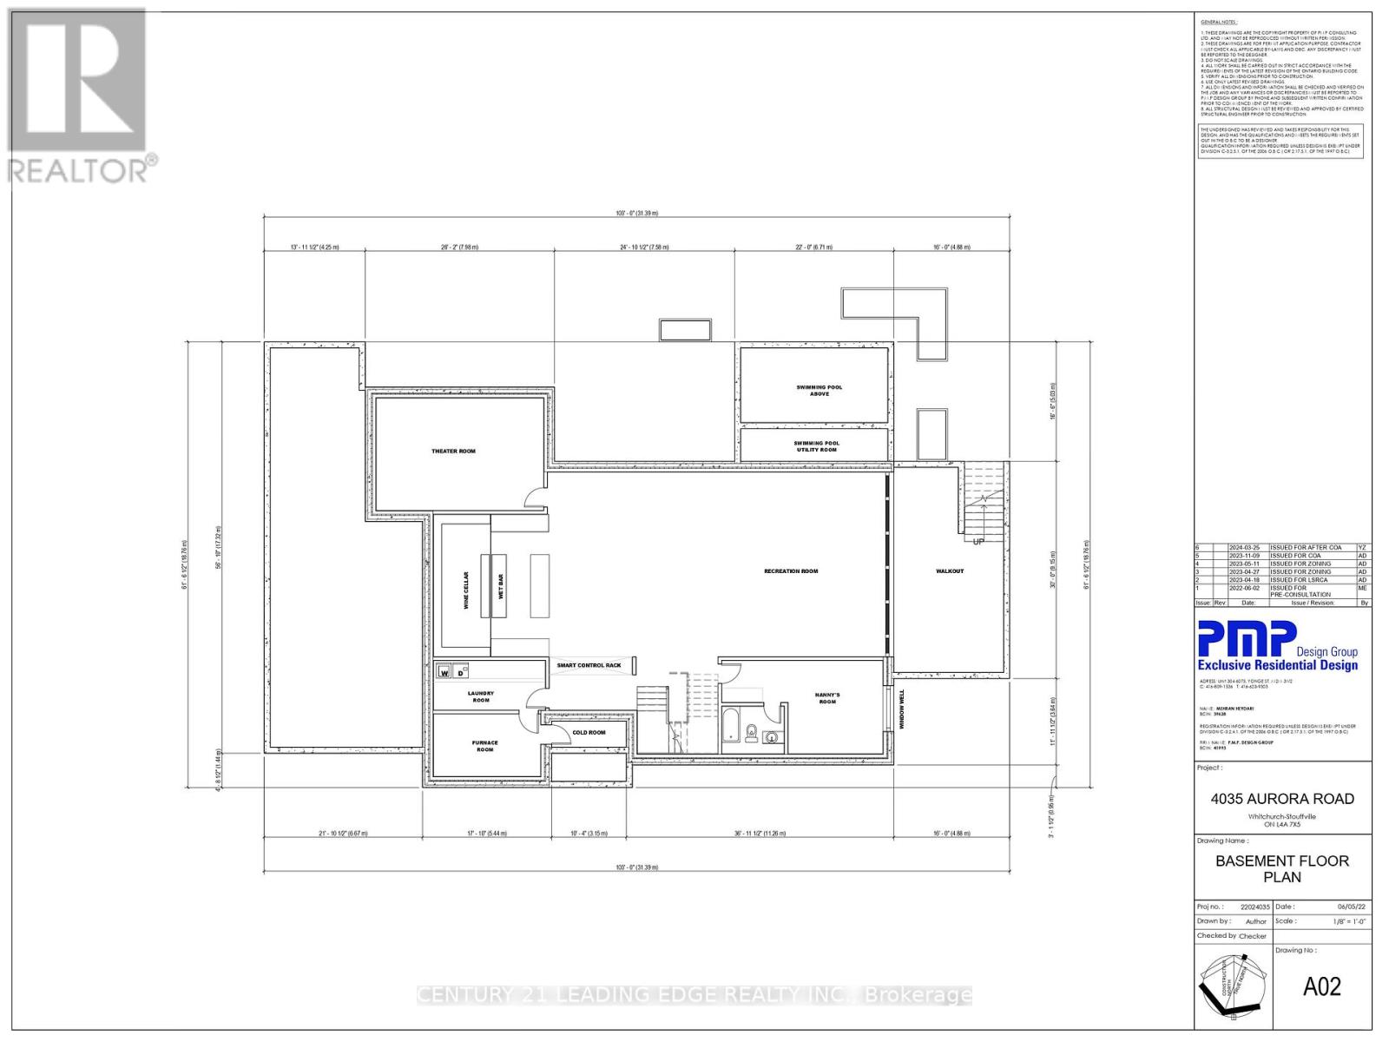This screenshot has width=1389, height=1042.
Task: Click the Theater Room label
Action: (x=453, y=452)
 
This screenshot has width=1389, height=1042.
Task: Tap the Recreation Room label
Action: (x=791, y=571)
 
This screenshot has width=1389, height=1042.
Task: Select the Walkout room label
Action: (x=950, y=571)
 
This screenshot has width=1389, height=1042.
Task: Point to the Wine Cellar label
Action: (x=466, y=590)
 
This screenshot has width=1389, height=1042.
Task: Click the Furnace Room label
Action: (x=485, y=746)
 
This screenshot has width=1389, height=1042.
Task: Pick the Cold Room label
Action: (x=589, y=733)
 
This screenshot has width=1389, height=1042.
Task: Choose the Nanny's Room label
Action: (x=827, y=698)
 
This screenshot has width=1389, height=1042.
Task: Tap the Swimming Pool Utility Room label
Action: (x=816, y=446)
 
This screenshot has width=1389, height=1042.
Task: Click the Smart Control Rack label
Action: (x=589, y=666)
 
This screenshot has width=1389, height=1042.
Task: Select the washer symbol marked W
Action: (x=444, y=672)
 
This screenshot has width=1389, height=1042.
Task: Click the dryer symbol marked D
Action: (x=461, y=672)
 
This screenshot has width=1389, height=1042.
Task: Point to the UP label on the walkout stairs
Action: (x=978, y=542)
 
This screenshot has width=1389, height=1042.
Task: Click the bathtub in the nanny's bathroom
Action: (x=730, y=726)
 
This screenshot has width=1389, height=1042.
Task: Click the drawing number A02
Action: (x=1321, y=986)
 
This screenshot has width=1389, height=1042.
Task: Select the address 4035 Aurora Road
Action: (x=1282, y=799)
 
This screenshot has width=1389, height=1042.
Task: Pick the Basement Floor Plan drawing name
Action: (x=1282, y=868)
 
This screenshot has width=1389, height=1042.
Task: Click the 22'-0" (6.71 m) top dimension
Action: (x=813, y=247)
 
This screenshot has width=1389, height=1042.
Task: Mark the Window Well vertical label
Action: (x=902, y=709)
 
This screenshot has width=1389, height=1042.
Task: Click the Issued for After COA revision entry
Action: (x=1306, y=548)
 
